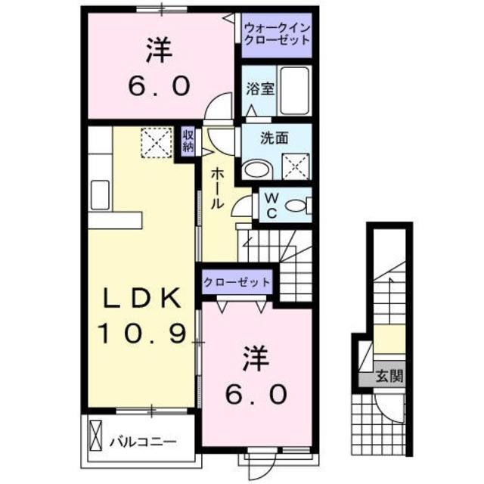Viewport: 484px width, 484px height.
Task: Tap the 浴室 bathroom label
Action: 259,88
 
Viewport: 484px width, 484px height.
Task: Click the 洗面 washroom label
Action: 275,139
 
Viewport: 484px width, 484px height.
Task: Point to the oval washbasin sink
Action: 255,169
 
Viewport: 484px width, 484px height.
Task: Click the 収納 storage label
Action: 188,140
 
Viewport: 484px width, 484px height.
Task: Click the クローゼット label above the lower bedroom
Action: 237,282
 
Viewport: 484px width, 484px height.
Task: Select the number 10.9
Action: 142,332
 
